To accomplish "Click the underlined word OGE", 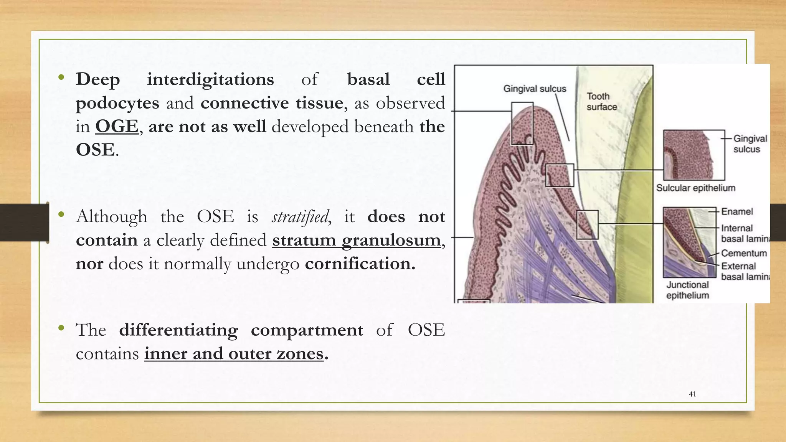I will [117, 126].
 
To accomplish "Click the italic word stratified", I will [300, 217].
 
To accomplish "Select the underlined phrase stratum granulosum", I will [357, 241].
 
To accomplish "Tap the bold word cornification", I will [360, 264].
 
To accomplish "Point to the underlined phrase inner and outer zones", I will [234, 353].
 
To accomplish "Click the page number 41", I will [692, 394].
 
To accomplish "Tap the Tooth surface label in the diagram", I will [601, 102].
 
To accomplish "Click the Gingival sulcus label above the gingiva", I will [535, 89].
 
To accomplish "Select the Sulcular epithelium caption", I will [695, 188].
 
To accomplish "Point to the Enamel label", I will [737, 211].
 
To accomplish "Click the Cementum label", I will [744, 253].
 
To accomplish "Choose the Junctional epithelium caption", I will [687, 290].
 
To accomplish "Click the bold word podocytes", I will [117, 103].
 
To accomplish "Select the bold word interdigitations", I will [210, 79].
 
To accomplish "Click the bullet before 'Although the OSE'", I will [61, 215].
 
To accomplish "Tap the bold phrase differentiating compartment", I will [241, 330].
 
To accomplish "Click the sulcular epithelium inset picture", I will [694, 155].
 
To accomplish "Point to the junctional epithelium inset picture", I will [689, 242].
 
